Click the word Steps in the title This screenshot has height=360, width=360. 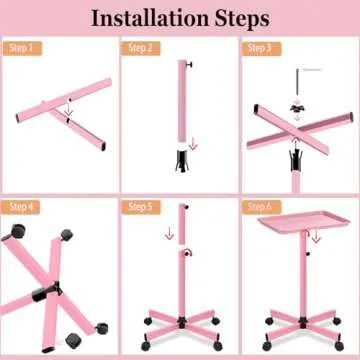(238, 18)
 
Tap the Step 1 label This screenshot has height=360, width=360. (22, 48)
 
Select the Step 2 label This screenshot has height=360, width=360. (140, 48)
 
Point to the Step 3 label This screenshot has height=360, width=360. (260, 48)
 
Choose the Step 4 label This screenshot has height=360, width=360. (22, 207)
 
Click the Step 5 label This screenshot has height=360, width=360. (140, 207)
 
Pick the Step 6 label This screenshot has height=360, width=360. (260, 207)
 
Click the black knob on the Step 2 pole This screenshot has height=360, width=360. (191, 66)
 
